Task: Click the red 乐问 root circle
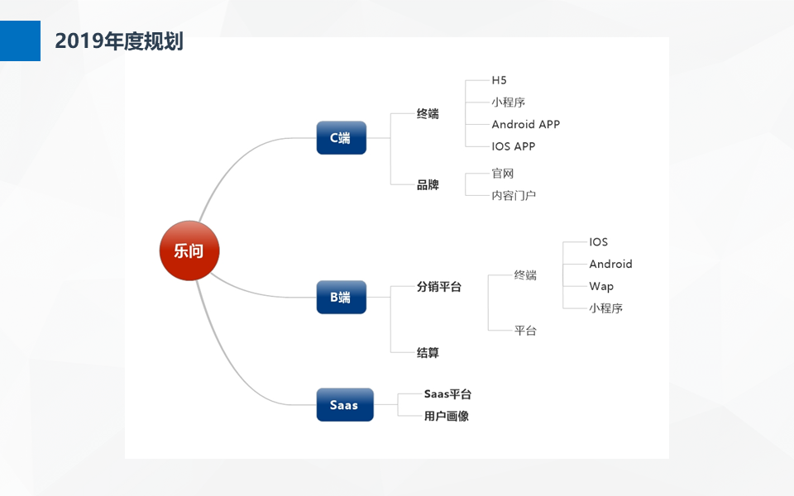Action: [x=189, y=250]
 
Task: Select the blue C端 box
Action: [x=342, y=138]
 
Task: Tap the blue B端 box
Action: [x=342, y=297]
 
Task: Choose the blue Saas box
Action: [x=345, y=404]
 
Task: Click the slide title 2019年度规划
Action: [x=119, y=41]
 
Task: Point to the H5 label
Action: [x=499, y=80]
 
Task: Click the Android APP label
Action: [x=526, y=124]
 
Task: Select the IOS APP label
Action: [x=513, y=146]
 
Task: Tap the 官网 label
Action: [x=502, y=174]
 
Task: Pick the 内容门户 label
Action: [x=514, y=195]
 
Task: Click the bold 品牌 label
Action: [x=428, y=184]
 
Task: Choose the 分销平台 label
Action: [x=439, y=287]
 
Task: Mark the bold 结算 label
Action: [x=428, y=353]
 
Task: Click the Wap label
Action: [x=601, y=287]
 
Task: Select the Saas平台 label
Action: [x=447, y=393]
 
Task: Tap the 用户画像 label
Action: [x=447, y=416]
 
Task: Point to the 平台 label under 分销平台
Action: [x=525, y=331]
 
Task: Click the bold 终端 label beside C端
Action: [x=428, y=113]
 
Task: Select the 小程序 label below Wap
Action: [x=605, y=308]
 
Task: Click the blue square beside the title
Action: [x=20, y=41]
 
